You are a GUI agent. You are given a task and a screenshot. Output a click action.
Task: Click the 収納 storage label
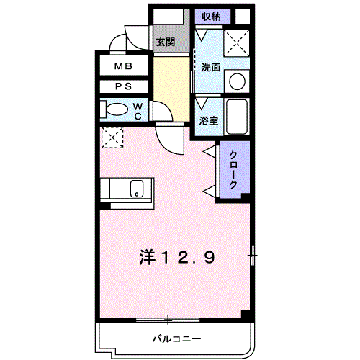pyautogui.click(x=211, y=17)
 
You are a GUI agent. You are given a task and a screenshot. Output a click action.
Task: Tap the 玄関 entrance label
pyautogui.click(x=166, y=42)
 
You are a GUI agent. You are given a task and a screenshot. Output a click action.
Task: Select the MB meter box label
pyautogui.click(x=123, y=66)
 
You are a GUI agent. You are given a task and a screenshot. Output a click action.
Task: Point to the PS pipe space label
pyautogui.click(x=124, y=86)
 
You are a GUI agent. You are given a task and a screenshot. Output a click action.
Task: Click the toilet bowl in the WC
pyautogui.click(x=117, y=109)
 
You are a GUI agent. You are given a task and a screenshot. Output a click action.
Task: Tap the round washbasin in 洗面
pyautogui.click(x=237, y=81)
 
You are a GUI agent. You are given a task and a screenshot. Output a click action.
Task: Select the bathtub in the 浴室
pyautogui.click(x=237, y=117)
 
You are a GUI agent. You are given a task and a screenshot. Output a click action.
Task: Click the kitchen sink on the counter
pyautogui.click(x=137, y=189)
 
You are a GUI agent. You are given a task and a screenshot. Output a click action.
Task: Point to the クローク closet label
pyautogui.click(x=233, y=169)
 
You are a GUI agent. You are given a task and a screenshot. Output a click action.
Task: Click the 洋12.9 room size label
pyautogui.click(x=177, y=257)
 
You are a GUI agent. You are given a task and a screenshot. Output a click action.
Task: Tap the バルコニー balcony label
pyautogui.click(x=177, y=339)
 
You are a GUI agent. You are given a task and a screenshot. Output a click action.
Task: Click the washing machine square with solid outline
pyautogui.click(x=237, y=43)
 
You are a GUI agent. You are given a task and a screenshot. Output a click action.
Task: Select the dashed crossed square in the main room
pyautogui.click(x=112, y=138)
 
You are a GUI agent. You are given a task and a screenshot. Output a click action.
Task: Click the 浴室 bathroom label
pyautogui.click(x=209, y=120)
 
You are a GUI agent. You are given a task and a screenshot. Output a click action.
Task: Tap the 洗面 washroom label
pyautogui.click(x=210, y=67)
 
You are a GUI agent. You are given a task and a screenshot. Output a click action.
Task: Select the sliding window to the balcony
pyautogui.click(x=168, y=320)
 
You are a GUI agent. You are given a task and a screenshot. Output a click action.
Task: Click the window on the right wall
pyautogui.click(x=252, y=255)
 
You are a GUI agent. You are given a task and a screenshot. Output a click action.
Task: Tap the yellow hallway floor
pyautogui.click(x=171, y=89)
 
